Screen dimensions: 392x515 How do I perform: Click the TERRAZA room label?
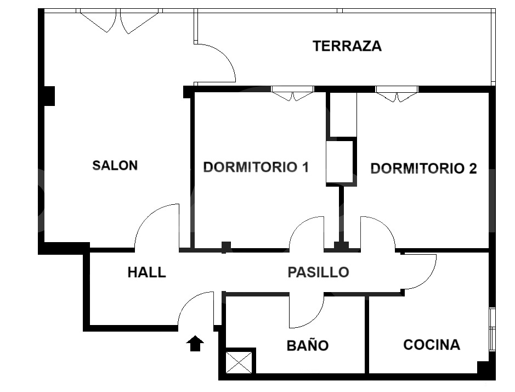[x=347, y=46]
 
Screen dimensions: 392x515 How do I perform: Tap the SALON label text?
[x=115, y=165]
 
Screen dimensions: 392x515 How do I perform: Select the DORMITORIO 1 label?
[x=256, y=167]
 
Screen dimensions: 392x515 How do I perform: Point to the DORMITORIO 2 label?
[x=423, y=169]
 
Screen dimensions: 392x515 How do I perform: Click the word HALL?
[x=146, y=272]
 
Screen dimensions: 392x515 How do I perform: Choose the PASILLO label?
[x=318, y=272]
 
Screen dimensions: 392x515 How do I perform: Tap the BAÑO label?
[x=307, y=346]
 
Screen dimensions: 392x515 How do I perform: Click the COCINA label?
[x=431, y=345]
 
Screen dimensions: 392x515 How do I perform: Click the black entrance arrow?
[x=195, y=344]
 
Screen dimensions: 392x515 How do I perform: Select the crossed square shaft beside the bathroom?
[x=240, y=362]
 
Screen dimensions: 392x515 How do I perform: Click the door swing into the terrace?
[x=219, y=61]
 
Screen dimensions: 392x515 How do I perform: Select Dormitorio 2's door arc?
[x=380, y=231]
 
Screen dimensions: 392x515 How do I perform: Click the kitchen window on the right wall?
[x=492, y=329]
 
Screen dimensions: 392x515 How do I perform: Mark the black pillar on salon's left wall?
[x=49, y=96]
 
